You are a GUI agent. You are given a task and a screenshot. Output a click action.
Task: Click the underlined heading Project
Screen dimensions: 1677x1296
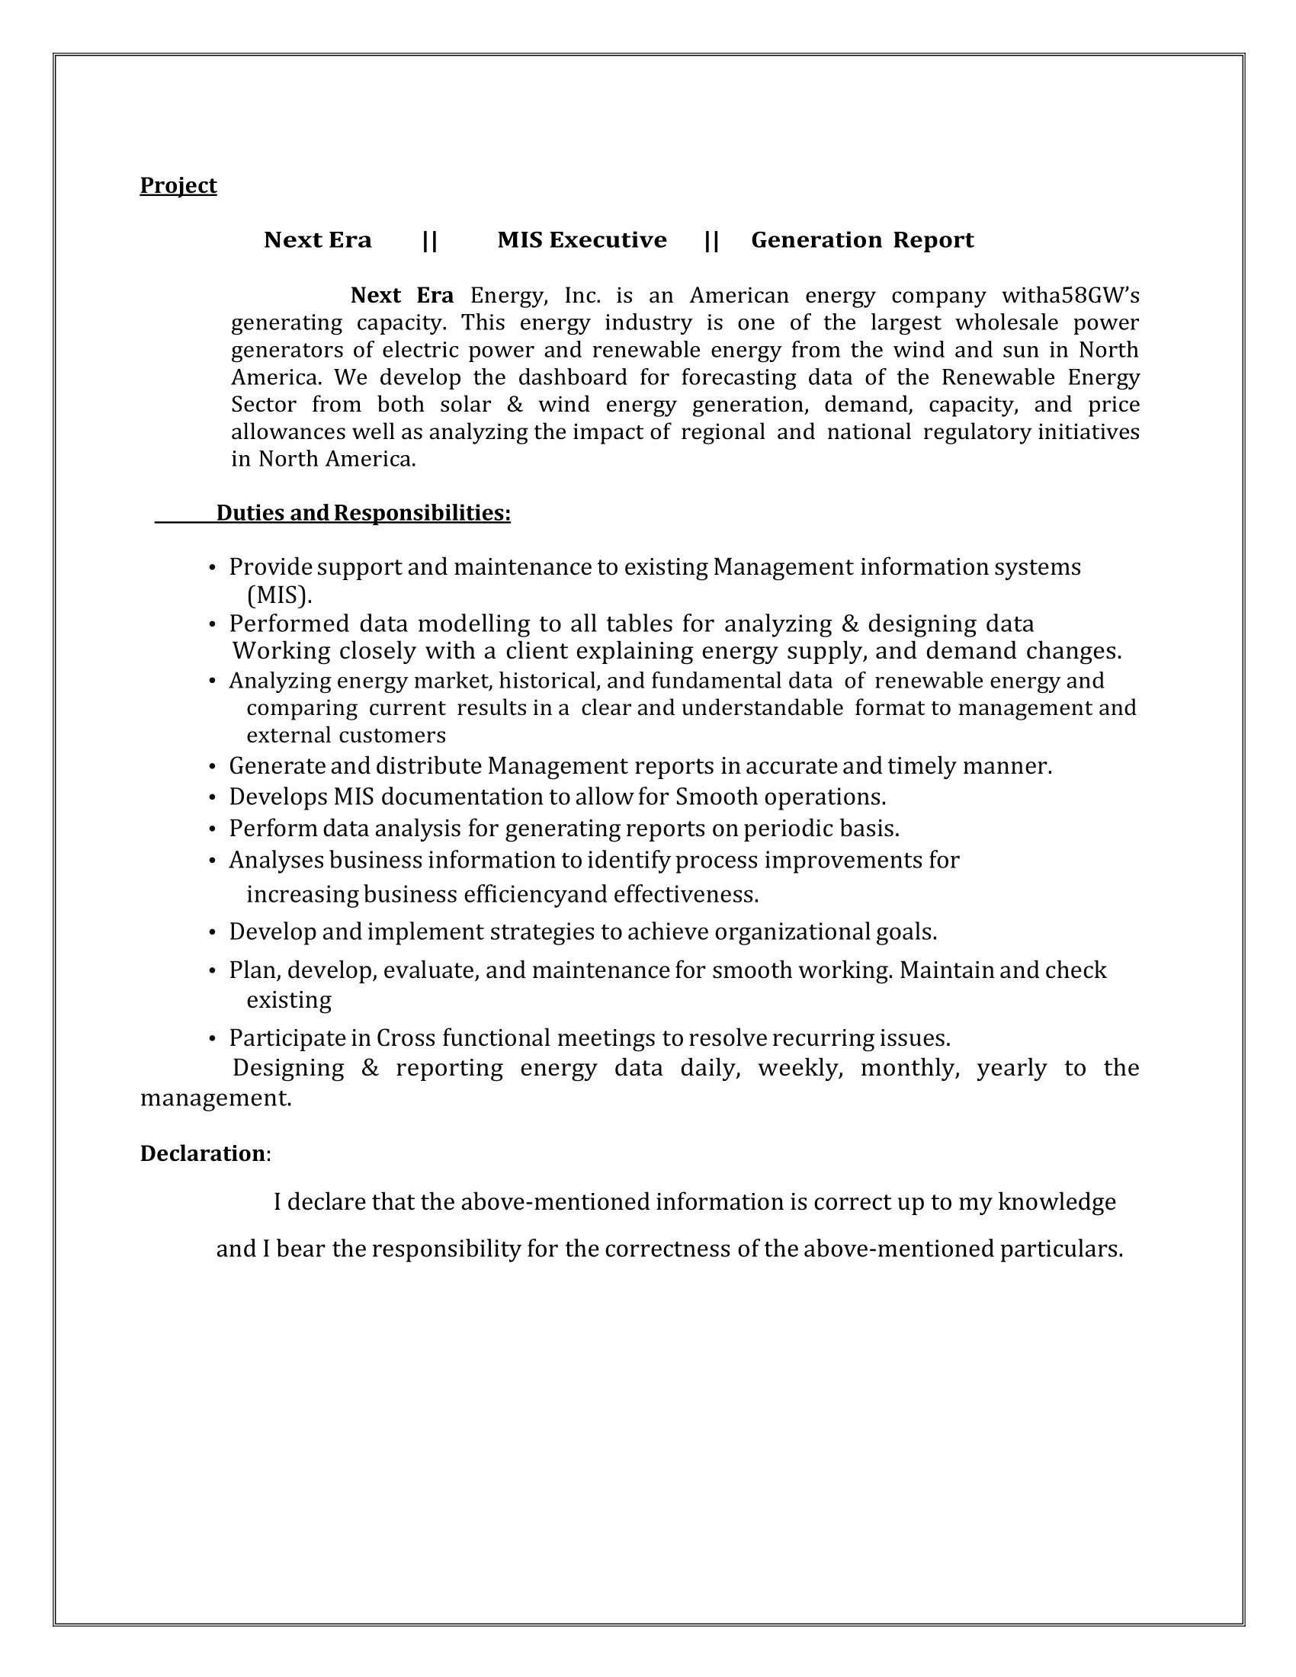[x=178, y=185]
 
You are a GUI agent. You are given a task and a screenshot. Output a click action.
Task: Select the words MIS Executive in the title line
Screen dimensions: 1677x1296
[x=582, y=240]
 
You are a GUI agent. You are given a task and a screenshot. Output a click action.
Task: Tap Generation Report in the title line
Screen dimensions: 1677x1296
[x=862, y=240]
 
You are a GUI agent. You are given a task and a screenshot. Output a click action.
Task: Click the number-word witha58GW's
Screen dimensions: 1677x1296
[x=1070, y=296]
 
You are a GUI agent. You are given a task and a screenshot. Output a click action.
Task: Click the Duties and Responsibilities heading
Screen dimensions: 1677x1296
[x=363, y=513]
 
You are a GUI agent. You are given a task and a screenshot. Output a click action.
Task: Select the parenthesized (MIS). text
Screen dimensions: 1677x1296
[x=280, y=595]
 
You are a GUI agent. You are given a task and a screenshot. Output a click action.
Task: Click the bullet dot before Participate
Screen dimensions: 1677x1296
[x=213, y=1039]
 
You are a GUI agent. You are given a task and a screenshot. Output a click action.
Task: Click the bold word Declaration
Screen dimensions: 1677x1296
[x=203, y=1153]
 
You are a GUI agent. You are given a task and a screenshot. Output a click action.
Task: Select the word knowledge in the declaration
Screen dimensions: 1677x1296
[x=1057, y=1201]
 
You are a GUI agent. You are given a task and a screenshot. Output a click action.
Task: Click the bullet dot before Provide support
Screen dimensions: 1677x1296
[x=213, y=568]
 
